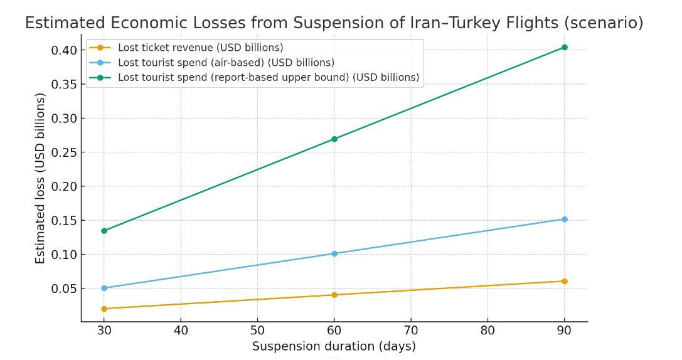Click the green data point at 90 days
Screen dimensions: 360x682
[565, 48]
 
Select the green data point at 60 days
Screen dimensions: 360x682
[334, 139]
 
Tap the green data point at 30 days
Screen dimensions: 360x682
[104, 231]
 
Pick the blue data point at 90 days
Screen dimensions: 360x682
[565, 220]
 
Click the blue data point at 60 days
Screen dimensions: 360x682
[334, 254]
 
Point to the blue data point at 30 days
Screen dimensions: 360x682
[104, 289]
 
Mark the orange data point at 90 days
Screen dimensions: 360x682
[565, 282]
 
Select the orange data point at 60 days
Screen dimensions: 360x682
[334, 295]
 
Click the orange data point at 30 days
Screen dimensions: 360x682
[104, 309]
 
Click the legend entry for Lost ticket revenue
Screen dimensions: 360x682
[200, 48]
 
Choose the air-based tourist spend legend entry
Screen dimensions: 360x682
[226, 63]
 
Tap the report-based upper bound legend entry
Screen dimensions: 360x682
[268, 78]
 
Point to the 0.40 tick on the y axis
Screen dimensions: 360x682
[64, 50]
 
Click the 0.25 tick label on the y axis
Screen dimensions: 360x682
[64, 152]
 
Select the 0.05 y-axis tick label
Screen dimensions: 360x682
[64, 289]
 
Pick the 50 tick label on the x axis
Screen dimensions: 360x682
[257, 331]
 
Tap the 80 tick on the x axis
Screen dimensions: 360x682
[488, 331]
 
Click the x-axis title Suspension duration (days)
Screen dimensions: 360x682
[334, 346]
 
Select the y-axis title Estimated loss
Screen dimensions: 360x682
[41, 178]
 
